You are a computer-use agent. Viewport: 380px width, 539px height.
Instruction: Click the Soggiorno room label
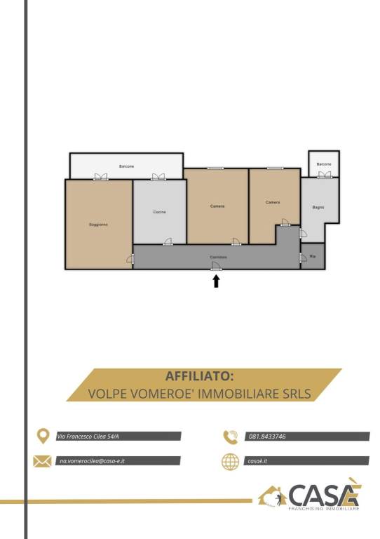click(98, 224)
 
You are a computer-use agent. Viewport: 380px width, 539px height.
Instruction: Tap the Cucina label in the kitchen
click(159, 212)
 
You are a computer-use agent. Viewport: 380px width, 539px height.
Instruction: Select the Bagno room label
click(318, 207)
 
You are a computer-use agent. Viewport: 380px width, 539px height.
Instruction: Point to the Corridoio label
click(217, 258)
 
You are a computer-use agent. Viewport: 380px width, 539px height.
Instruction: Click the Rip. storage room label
click(313, 256)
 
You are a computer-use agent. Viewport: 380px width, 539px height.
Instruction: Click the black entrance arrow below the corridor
click(217, 281)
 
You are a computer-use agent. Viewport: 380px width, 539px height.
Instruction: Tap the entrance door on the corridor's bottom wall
click(217, 267)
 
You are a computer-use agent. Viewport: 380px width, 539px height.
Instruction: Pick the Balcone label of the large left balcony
click(127, 166)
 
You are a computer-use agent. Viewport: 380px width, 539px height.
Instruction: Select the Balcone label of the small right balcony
click(323, 164)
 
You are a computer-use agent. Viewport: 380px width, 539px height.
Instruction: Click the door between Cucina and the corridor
click(168, 242)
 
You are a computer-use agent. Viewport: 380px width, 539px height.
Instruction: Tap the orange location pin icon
click(42, 436)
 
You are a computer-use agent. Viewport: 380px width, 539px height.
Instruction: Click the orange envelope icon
click(42, 461)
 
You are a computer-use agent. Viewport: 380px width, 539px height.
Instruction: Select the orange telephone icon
click(230, 437)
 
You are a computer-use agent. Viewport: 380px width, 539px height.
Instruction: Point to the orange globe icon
click(230, 461)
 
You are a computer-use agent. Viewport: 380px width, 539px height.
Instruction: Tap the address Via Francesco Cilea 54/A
click(88, 437)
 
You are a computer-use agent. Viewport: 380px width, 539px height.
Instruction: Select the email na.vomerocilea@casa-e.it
click(96, 461)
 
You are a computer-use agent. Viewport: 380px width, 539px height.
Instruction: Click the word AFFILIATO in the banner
click(194, 376)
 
